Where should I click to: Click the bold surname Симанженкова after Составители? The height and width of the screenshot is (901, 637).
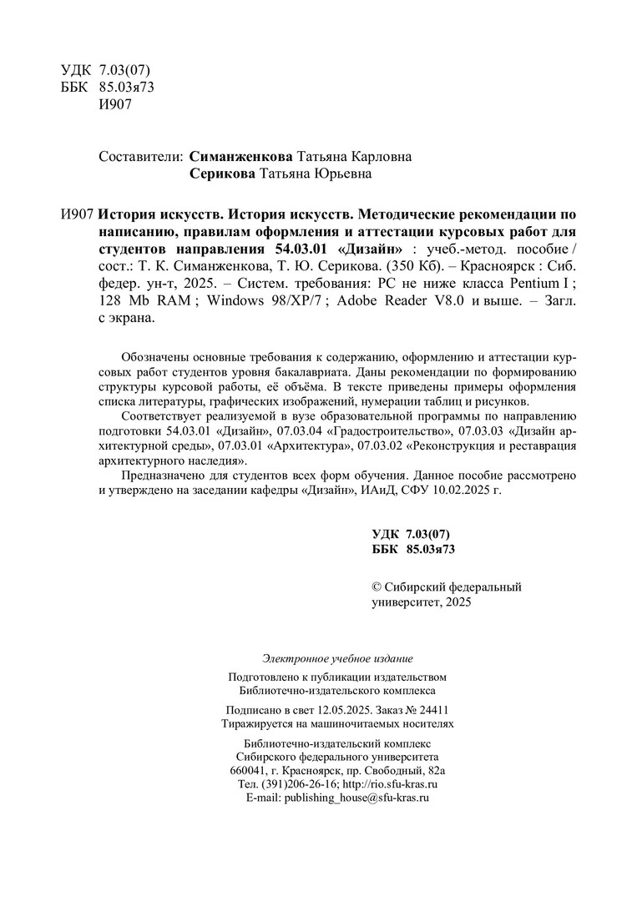click(x=241, y=157)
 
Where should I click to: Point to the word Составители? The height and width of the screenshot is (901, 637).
click(x=140, y=157)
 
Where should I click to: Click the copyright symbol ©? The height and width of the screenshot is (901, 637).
click(x=376, y=587)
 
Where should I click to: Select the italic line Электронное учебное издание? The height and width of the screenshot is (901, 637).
click(x=337, y=659)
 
